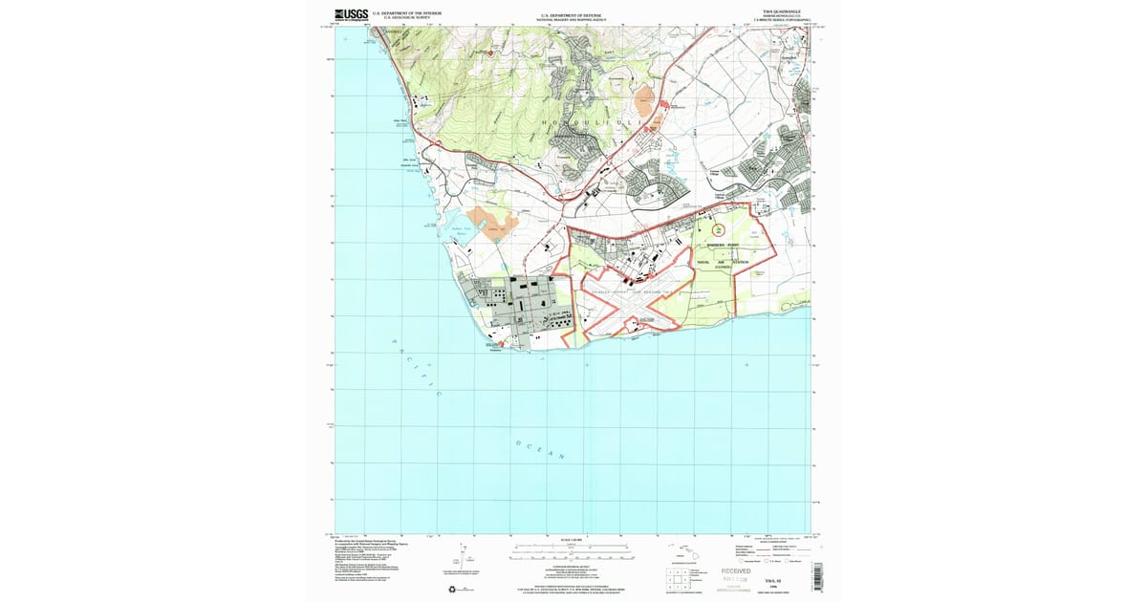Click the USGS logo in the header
[353, 14]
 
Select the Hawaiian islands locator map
[682, 551]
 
